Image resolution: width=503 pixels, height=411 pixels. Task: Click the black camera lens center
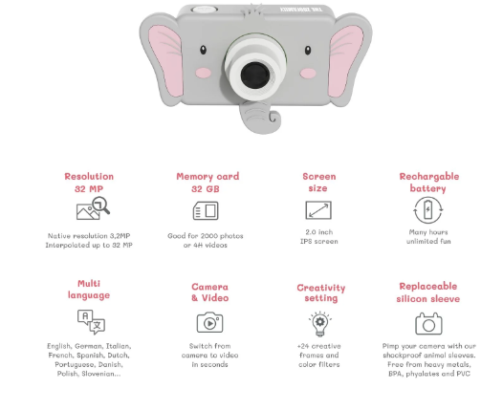(255, 76)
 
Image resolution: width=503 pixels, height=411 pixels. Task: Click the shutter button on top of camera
(205, 10)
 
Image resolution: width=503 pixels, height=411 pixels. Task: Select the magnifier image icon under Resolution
(93, 208)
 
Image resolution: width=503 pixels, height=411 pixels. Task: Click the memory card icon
(206, 210)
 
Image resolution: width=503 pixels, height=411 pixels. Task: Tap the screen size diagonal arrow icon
(318, 210)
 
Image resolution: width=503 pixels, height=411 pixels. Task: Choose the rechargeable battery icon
(428, 210)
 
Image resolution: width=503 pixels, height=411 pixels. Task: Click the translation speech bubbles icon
(91, 322)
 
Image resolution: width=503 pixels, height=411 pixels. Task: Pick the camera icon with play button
(209, 322)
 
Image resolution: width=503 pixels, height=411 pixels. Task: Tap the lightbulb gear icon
(319, 323)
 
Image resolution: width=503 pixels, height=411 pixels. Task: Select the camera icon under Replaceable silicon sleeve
(428, 324)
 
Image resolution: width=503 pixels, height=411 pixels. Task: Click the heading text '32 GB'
(206, 189)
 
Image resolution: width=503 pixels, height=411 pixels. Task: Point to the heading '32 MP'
(89, 189)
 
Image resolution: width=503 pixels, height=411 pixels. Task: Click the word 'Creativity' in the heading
(321, 288)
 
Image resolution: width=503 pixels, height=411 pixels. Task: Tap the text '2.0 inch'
(319, 232)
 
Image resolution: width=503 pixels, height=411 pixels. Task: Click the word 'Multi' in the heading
(89, 284)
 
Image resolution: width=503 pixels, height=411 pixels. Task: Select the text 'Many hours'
(428, 232)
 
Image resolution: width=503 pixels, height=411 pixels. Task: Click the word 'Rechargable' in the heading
(429, 177)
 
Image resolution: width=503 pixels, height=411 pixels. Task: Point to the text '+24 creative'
(319, 346)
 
